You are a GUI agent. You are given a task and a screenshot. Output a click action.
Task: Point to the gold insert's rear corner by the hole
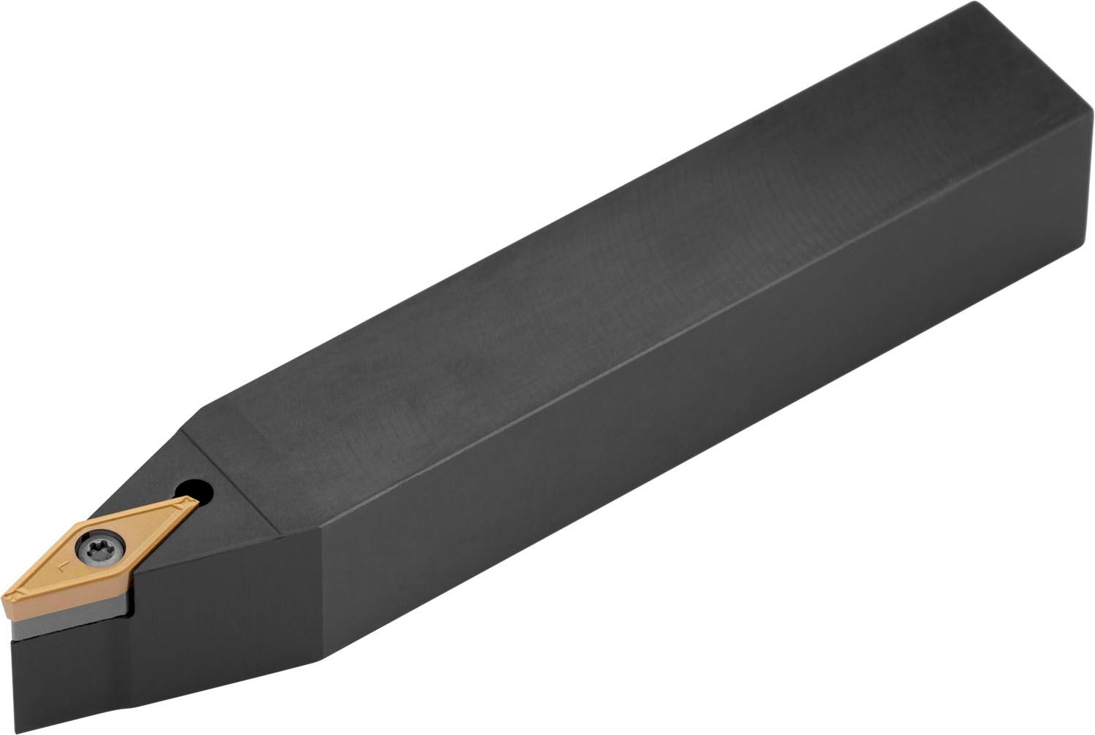coord(196,500)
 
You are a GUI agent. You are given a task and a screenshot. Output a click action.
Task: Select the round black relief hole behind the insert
coord(196,488)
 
